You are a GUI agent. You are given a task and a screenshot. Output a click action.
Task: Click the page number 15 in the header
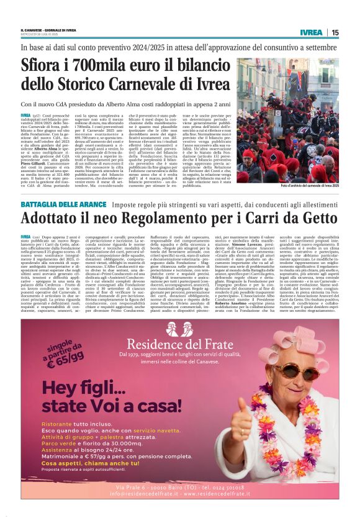(335, 32)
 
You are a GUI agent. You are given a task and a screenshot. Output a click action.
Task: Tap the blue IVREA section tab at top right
(310, 32)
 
